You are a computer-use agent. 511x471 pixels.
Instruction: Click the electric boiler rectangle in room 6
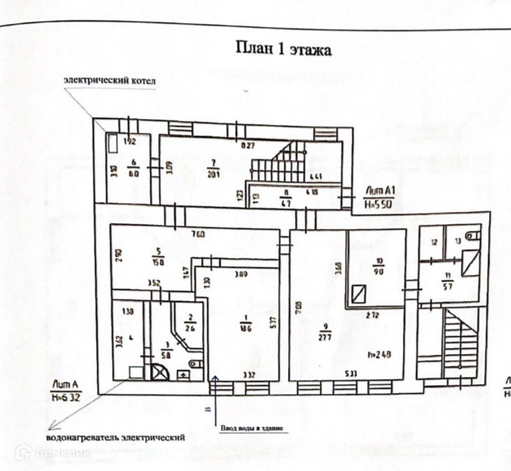[x=113, y=144]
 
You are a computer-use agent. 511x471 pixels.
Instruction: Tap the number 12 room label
[x=434, y=243]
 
